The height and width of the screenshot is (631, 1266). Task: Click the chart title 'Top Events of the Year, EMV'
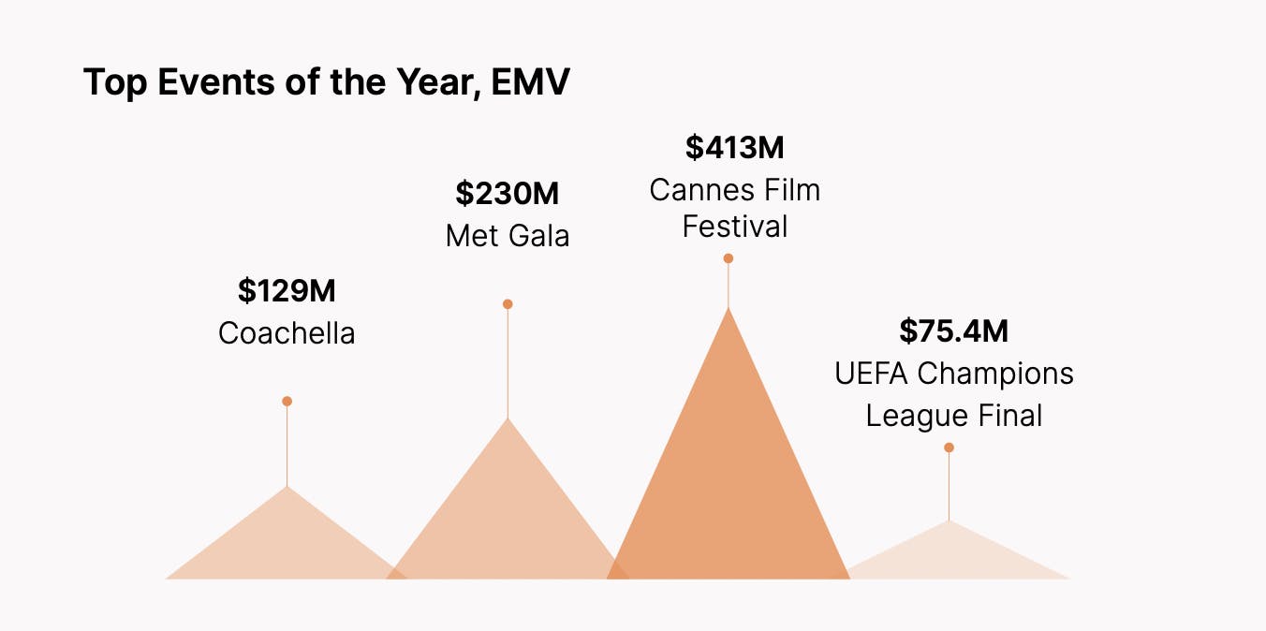(326, 82)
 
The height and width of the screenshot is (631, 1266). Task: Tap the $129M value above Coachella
(287, 291)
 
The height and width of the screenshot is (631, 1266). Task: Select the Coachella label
(287, 333)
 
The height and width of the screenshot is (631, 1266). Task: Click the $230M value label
(507, 194)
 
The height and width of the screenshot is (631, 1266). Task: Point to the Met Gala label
(507, 235)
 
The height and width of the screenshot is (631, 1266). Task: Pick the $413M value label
(734, 148)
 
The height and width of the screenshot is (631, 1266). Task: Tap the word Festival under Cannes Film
(734, 227)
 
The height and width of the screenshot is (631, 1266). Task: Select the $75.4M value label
(953, 331)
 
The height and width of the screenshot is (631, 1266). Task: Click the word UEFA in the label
(872, 374)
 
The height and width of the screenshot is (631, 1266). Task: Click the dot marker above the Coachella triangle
(287, 402)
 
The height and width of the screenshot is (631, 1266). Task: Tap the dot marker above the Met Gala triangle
(508, 304)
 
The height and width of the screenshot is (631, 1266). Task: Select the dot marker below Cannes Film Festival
(728, 258)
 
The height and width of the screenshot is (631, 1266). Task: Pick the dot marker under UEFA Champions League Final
(949, 448)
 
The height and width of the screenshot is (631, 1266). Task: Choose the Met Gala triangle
(508, 524)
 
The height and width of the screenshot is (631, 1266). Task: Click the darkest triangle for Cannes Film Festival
(729, 487)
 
